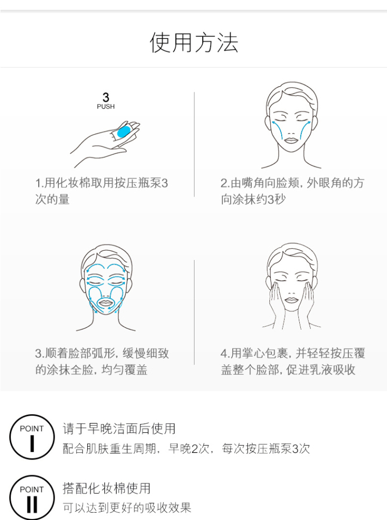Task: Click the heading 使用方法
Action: [193, 43]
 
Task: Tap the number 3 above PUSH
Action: [106, 97]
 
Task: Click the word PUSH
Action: [106, 106]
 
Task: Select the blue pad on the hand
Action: [124, 131]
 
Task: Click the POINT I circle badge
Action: [32, 437]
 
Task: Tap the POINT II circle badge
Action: [32, 497]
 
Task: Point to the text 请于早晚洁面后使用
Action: [119, 429]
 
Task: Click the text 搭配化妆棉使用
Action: [106, 488]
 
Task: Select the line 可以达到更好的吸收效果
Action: [127, 508]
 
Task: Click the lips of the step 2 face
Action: [292, 140]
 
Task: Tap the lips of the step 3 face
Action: [106, 303]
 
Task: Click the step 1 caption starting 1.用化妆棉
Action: [102, 191]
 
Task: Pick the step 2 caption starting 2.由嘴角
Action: [293, 191]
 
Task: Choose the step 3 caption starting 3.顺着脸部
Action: [102, 361]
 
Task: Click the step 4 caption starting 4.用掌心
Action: [293, 361]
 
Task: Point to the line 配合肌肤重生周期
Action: [186, 448]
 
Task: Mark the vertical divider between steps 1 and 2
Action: [194, 144]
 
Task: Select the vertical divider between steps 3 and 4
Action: [194, 312]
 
